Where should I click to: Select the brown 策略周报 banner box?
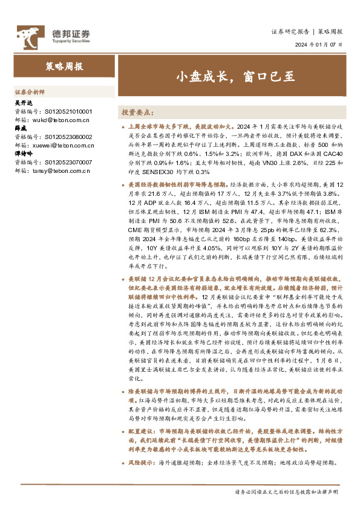click(x=64, y=66)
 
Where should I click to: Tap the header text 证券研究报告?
click(x=290, y=31)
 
